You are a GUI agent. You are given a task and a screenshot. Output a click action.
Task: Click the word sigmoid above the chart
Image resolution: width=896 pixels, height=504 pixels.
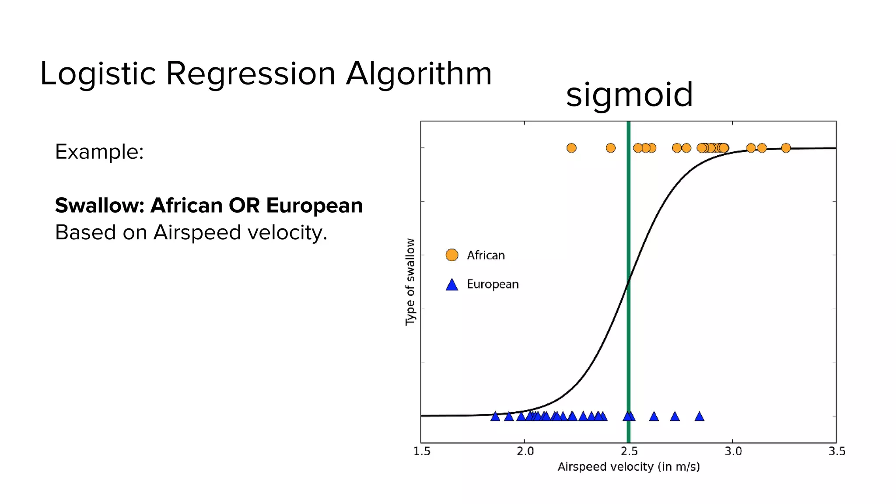click(x=629, y=94)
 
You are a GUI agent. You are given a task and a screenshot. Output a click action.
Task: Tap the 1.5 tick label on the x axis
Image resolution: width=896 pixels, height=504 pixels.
click(x=422, y=451)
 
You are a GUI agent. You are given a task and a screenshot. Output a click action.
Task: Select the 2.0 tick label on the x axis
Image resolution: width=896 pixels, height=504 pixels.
click(x=525, y=451)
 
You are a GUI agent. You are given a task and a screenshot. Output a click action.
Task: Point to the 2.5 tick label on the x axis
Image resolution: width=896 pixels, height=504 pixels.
click(x=629, y=451)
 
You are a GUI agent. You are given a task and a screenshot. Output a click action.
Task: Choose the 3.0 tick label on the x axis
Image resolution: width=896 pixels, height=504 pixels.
click(x=733, y=451)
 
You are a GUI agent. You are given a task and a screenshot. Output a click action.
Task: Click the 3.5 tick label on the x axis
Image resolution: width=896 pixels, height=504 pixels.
click(x=836, y=451)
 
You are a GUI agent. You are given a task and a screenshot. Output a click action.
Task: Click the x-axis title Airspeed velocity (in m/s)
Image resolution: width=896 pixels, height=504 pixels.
click(x=629, y=467)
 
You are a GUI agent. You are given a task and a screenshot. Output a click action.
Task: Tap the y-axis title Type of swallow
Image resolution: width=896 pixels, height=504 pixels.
click(x=410, y=282)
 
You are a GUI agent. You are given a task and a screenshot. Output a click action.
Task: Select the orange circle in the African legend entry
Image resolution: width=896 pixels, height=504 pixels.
click(x=452, y=255)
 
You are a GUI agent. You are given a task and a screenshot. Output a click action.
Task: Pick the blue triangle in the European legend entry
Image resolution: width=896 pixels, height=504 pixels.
click(x=452, y=285)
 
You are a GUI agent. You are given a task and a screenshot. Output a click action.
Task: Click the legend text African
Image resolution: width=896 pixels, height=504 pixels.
click(x=486, y=255)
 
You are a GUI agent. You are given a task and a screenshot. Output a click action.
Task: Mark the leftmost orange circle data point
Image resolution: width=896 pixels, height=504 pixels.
click(x=571, y=148)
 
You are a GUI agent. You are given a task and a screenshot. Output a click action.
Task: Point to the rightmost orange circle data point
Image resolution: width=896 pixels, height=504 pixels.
click(x=786, y=148)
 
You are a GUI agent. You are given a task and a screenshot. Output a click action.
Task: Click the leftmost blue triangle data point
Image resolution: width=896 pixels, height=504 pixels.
click(x=495, y=416)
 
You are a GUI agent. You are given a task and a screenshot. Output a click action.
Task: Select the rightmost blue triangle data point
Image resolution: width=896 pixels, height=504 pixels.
click(x=699, y=416)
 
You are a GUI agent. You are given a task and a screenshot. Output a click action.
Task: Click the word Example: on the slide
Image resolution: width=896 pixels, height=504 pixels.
click(x=99, y=152)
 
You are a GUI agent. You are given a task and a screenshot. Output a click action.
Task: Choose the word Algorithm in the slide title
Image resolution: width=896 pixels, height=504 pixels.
click(x=419, y=73)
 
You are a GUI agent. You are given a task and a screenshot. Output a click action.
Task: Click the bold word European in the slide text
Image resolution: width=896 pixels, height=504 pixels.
click(x=314, y=205)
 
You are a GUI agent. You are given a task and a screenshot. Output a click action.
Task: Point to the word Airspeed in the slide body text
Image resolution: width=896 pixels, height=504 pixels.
click(x=197, y=232)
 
